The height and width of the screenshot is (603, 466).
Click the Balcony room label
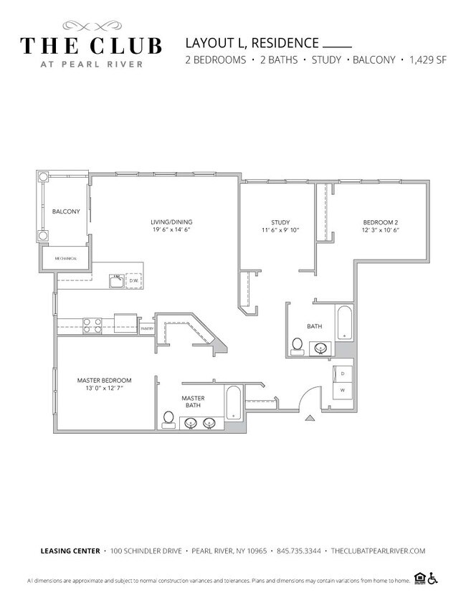65,212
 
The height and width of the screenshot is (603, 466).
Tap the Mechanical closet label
65,258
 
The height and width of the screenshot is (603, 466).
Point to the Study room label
280,222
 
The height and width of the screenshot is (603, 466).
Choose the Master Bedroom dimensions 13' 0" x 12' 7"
105,388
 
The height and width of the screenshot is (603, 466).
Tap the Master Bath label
193,402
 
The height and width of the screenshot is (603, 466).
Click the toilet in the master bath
169,418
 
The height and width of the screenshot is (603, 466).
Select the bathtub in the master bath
234,406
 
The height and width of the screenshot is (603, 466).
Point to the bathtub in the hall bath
345,323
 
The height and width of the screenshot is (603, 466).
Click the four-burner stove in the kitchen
92,325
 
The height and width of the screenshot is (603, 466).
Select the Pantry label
147,329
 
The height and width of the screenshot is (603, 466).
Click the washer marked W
342,390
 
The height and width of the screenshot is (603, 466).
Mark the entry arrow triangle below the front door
310,417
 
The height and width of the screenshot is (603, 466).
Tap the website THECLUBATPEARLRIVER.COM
377,551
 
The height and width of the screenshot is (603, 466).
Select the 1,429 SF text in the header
428,60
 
